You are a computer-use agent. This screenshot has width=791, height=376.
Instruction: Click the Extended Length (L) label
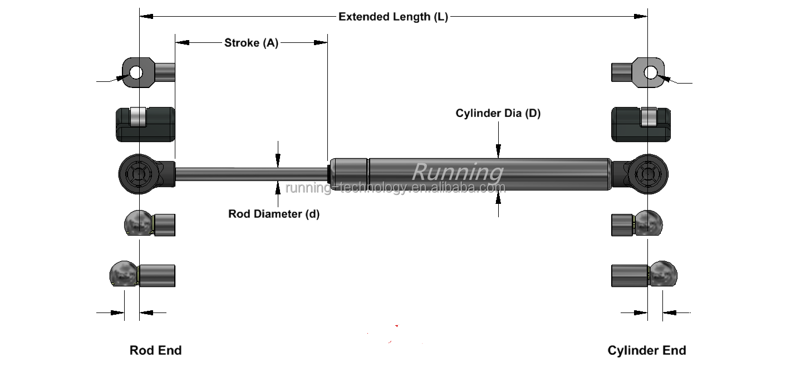pos(393,17)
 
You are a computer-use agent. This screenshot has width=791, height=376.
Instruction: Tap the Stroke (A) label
pos(251,43)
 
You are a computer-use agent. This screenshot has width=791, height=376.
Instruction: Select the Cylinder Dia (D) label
pos(498,114)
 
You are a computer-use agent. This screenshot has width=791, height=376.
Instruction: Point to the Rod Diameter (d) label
pos(274,214)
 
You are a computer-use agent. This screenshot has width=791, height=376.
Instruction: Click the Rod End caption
pos(155,350)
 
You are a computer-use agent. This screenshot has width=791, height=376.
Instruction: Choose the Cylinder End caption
pos(646,350)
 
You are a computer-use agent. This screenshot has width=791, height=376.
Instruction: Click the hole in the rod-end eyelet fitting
pos(136,72)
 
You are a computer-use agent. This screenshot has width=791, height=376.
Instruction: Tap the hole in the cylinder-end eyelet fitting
pos(651,72)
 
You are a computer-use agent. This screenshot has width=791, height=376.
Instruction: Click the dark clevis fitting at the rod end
pos(145,124)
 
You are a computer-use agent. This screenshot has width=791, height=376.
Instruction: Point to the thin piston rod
pos(250,173)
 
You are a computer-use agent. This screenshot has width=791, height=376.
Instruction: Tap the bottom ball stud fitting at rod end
pos(143,275)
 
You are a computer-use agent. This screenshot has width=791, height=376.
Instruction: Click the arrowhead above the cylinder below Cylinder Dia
pos(498,150)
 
